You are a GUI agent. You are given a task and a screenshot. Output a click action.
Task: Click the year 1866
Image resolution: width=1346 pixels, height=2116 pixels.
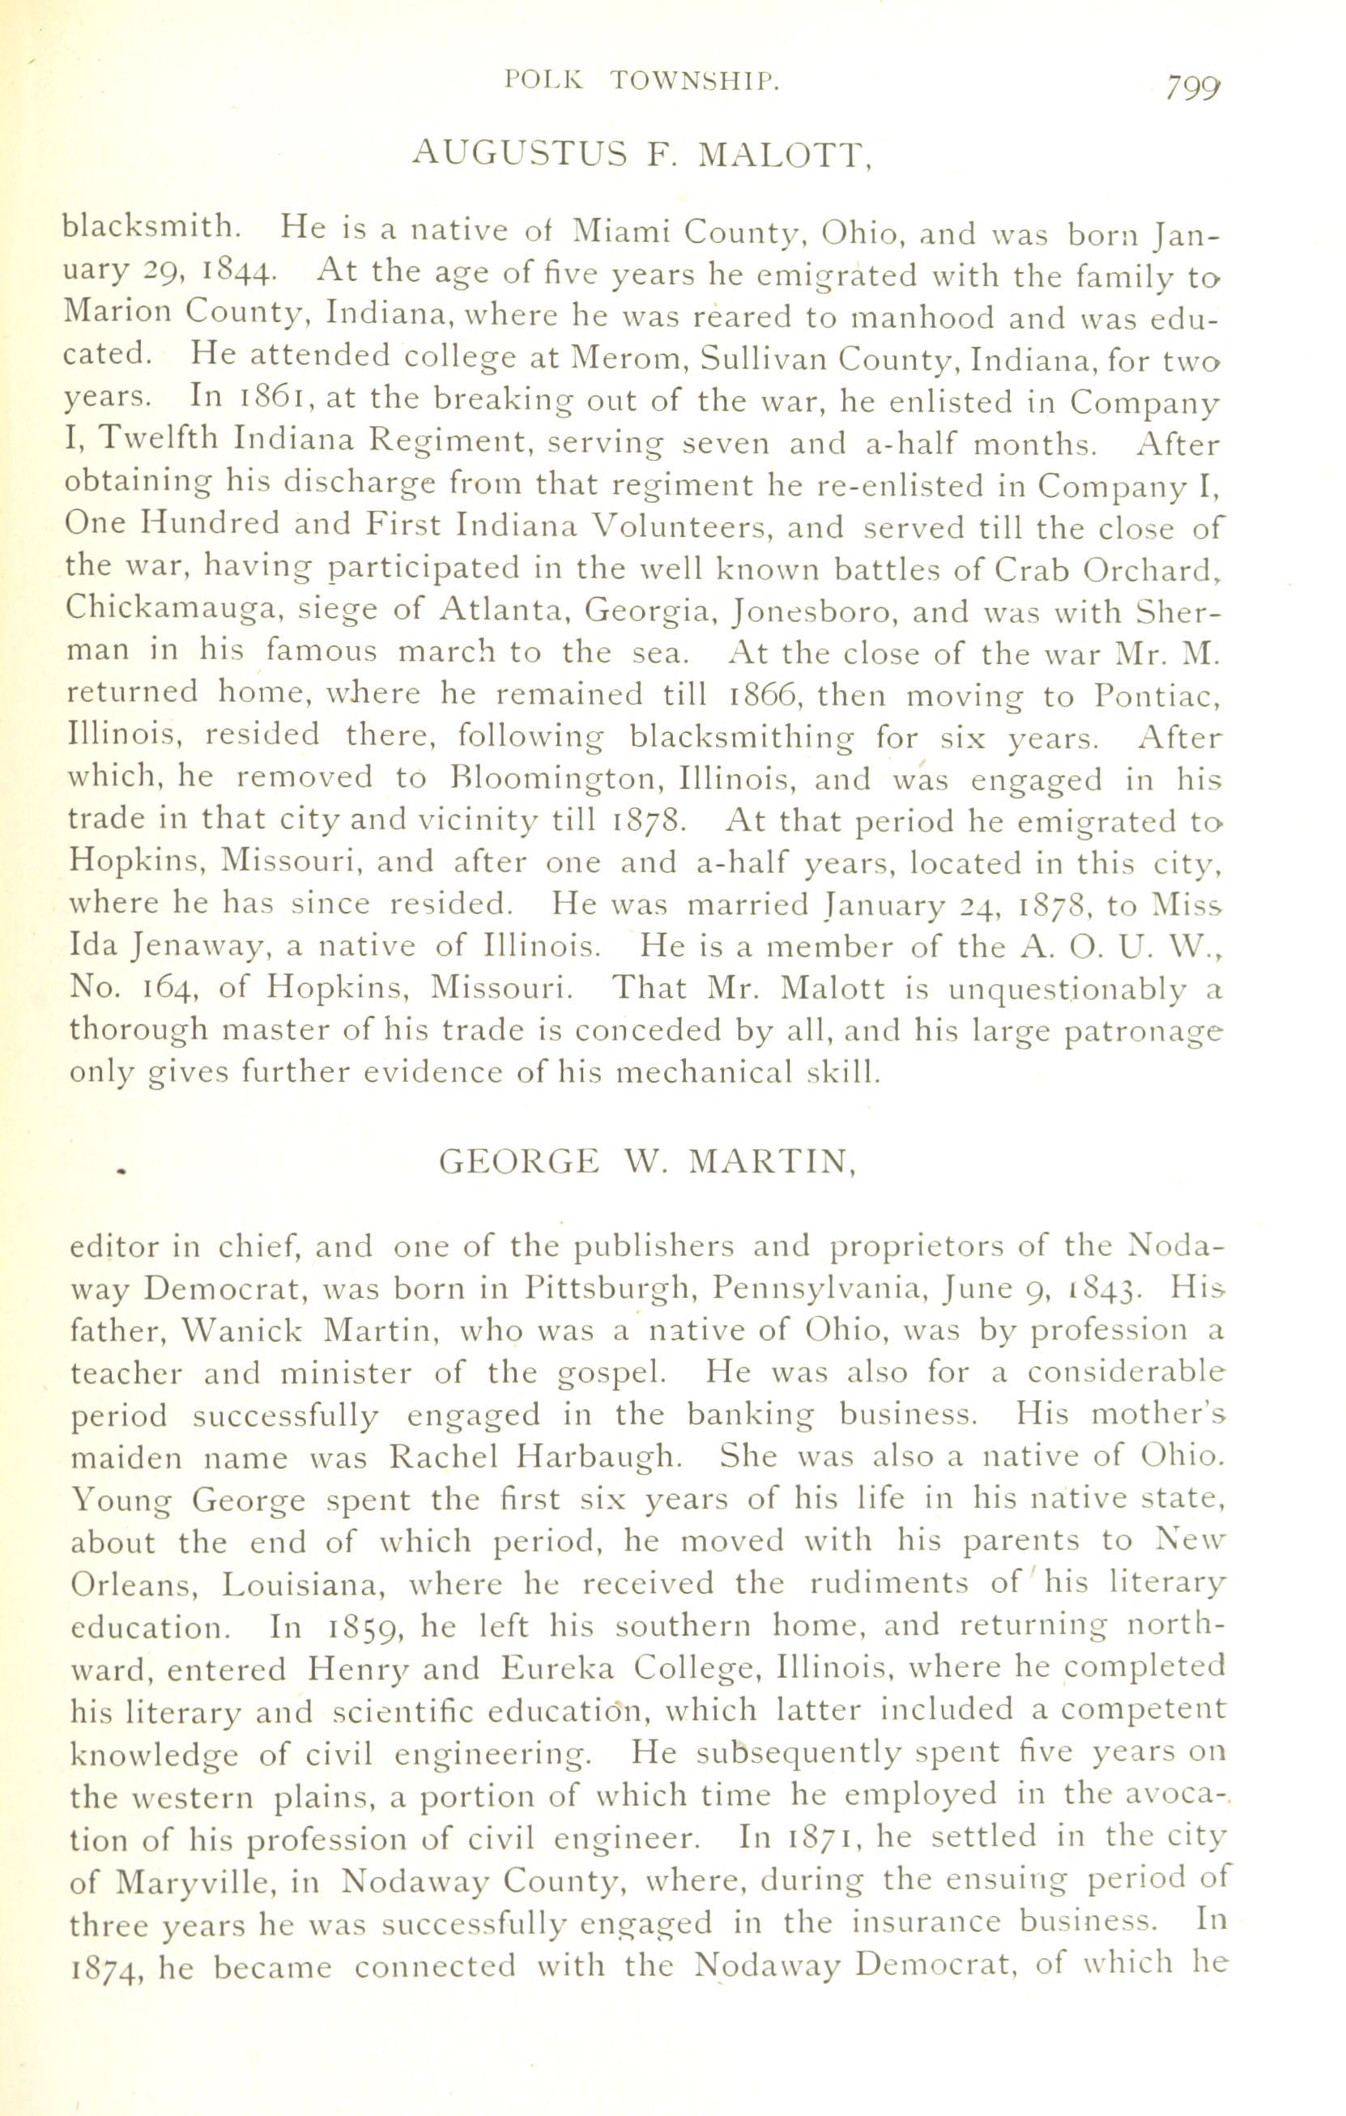click(x=763, y=695)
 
